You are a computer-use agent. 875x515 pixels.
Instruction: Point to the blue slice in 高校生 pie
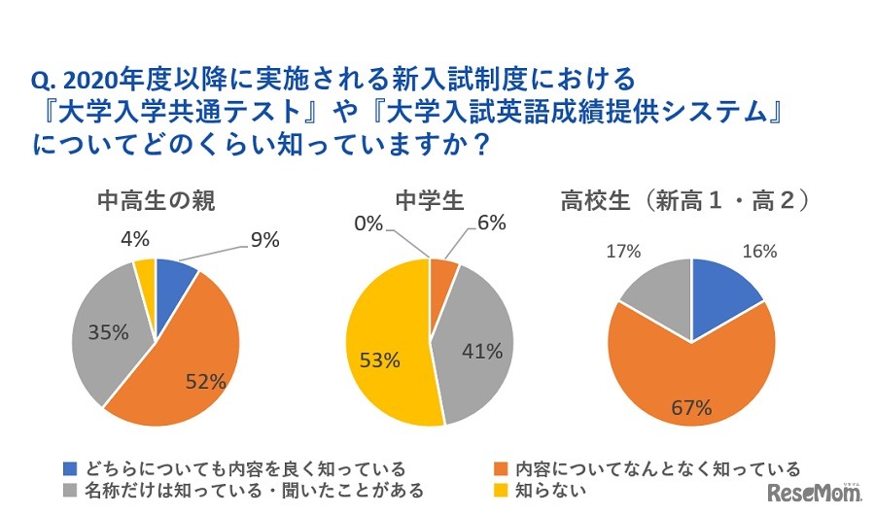pos(724,296)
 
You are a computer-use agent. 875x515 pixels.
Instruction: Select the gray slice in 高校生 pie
pos(656,296)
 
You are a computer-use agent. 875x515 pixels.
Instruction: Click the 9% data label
pos(265,239)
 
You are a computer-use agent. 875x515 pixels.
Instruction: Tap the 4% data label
pos(135,239)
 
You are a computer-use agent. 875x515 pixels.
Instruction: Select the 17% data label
pos(622,252)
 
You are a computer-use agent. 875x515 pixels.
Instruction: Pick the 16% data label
pos(759,252)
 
